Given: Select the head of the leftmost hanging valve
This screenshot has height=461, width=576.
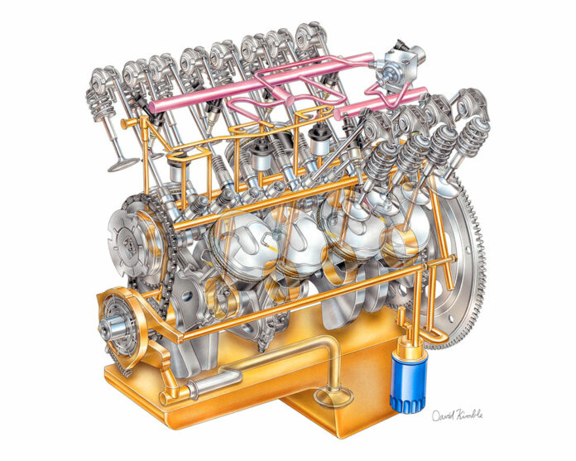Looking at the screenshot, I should click(121, 162).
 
